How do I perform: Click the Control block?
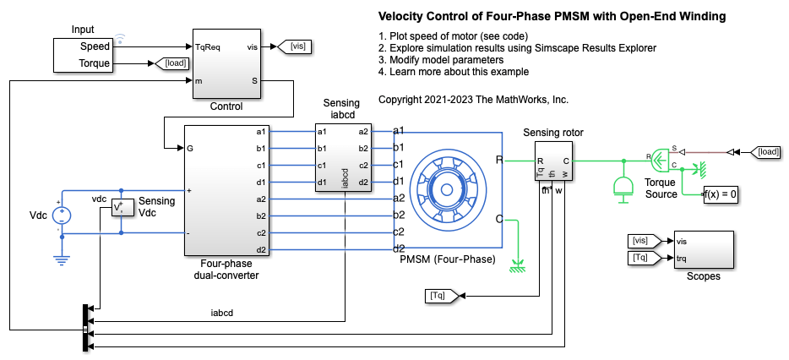tap(226, 64)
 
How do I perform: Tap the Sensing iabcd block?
tap(343, 156)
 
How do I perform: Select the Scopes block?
tap(703, 248)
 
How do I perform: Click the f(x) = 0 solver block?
tap(721, 194)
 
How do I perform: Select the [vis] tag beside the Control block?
tap(296, 46)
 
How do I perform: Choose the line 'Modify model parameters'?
tap(441, 60)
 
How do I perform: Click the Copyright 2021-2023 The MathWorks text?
tap(473, 99)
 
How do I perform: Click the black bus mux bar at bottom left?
tap(86, 325)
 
